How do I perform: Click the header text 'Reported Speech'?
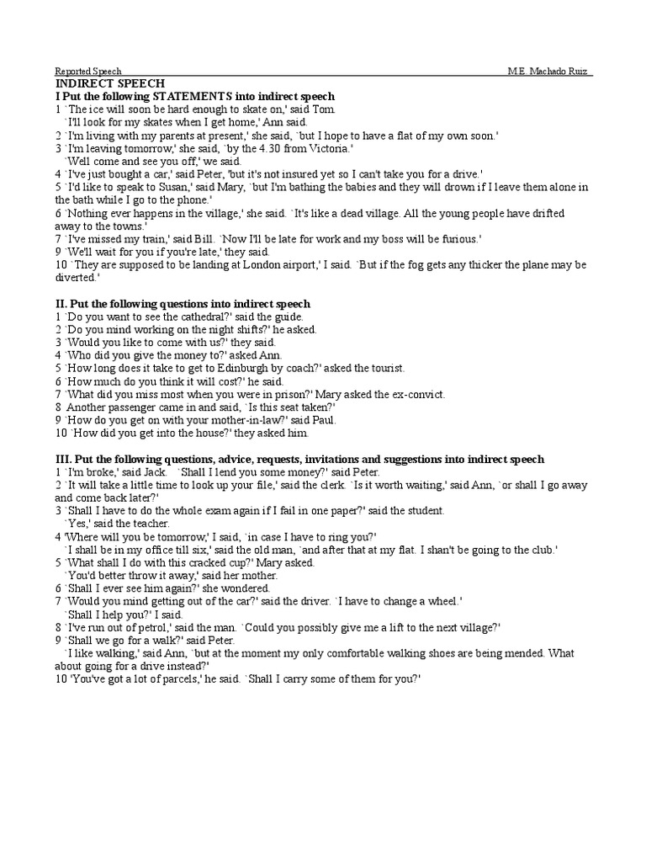88,72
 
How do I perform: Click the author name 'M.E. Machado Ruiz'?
549,72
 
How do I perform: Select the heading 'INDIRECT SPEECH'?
110,84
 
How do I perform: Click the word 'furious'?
457,238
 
